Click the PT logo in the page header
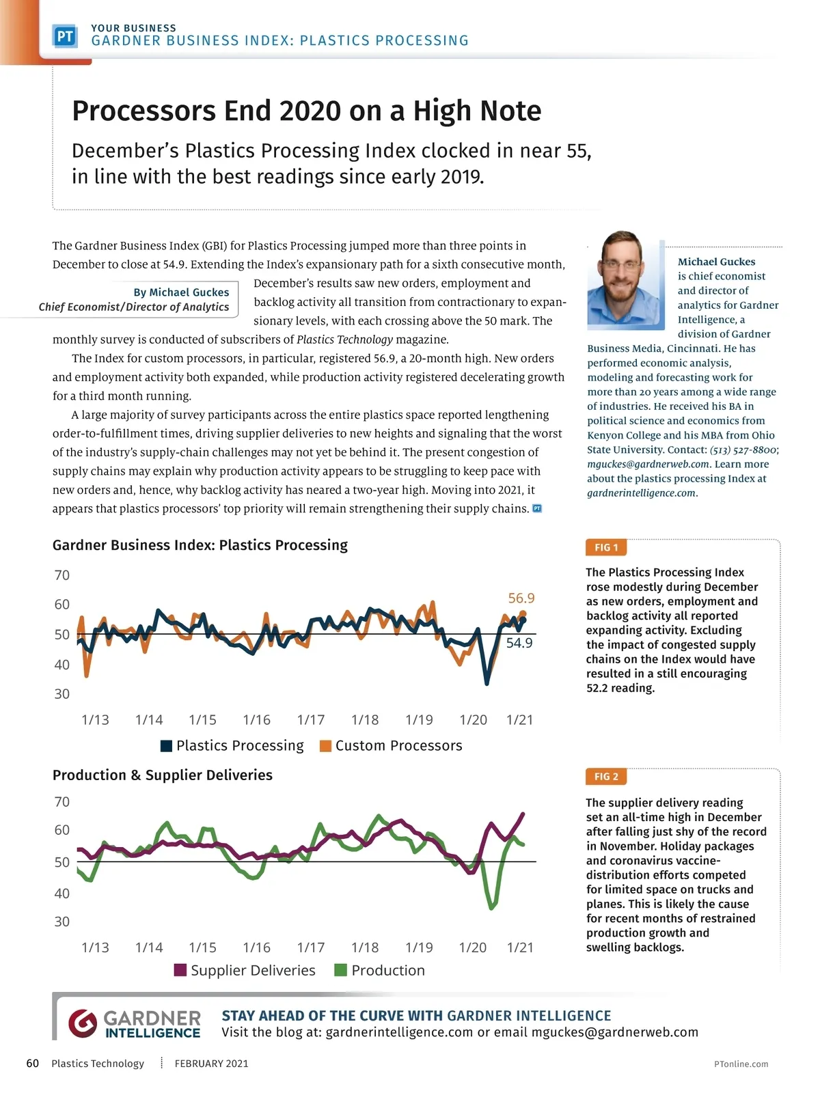65,36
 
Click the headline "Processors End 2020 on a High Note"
306,111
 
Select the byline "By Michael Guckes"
181,292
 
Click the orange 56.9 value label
521,598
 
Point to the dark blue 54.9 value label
519,643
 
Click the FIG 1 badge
606,547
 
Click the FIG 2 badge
606,776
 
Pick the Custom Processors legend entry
391,745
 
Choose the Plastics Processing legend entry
232,745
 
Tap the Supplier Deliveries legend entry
245,970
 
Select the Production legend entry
380,970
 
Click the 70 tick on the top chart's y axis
62,575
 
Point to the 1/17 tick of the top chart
311,719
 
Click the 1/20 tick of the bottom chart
473,947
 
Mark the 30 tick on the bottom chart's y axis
62,922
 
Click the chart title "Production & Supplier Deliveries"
163,775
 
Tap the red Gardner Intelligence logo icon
83,1023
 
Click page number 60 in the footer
32,1063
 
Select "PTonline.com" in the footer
741,1064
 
